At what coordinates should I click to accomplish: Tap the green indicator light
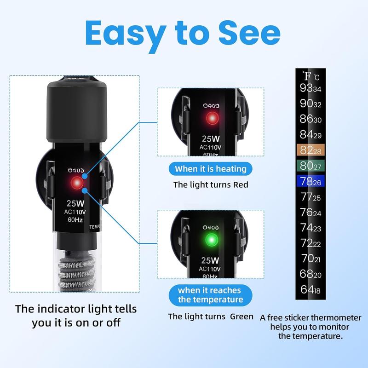point(211,240)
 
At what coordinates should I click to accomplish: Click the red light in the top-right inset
point(212,118)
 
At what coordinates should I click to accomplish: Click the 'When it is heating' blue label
point(211,169)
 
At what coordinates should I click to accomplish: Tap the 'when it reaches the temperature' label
point(210,295)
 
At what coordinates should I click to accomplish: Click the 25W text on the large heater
point(74,202)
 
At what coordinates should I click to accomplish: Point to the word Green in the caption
point(242,316)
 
